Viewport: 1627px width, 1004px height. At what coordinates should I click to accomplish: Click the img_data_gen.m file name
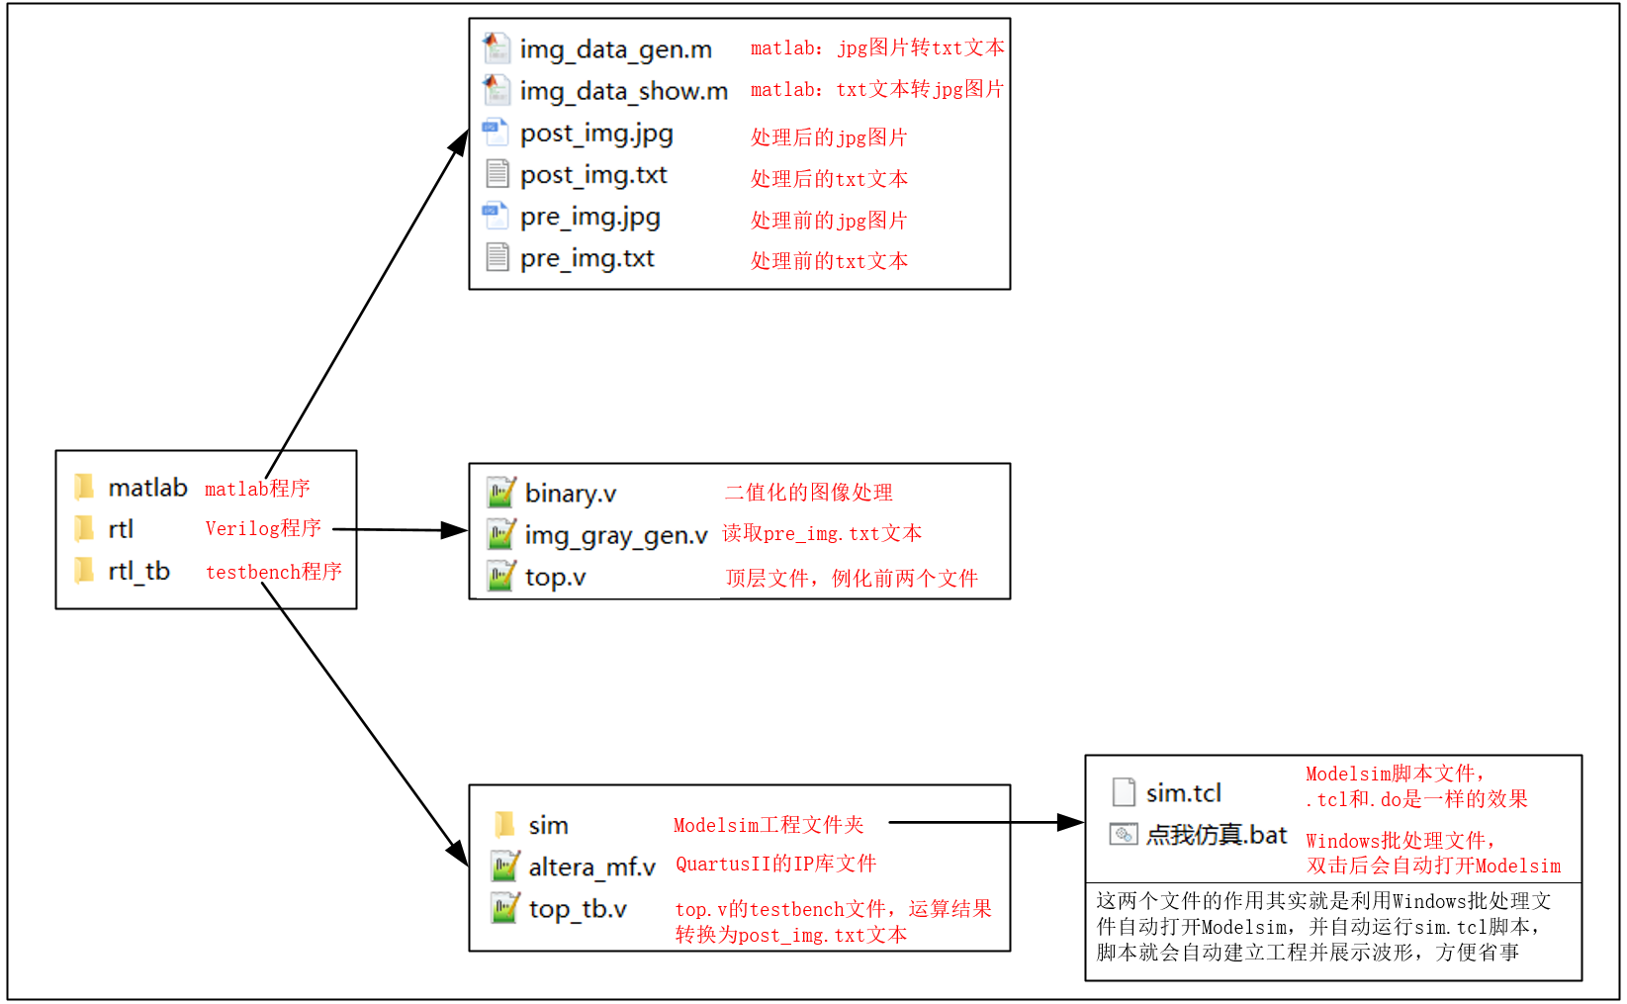pos(615,49)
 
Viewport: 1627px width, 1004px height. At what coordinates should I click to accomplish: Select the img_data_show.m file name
pos(623,91)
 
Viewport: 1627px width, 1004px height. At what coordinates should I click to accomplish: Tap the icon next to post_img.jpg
pos(496,133)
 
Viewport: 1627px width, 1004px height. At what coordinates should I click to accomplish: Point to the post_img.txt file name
pos(593,175)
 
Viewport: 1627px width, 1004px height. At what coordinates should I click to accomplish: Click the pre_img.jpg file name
pos(589,217)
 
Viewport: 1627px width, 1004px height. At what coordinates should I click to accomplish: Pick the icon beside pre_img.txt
pos(497,258)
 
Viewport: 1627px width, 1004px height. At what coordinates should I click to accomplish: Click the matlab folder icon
pos(85,487)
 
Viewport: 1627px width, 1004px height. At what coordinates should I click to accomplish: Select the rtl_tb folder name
pos(139,571)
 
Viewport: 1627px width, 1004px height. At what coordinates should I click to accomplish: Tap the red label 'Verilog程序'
pos(263,528)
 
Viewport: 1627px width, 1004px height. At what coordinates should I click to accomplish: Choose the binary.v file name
pos(570,493)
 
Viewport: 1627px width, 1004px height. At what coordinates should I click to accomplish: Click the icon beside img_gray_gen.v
pos(501,534)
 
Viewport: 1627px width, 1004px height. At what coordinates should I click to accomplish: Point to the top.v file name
pos(555,577)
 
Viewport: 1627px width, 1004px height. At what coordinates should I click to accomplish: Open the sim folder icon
pos(504,824)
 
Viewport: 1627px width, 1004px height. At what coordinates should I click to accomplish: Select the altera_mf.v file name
pos(591,867)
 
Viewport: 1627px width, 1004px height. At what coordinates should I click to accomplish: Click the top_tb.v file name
pos(578,909)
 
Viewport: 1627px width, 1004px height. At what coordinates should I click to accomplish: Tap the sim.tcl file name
pos(1183,793)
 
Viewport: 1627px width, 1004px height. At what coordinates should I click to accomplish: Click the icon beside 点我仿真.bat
pos(1124,835)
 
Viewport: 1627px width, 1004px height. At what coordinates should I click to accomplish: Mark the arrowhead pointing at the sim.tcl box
pos(1071,822)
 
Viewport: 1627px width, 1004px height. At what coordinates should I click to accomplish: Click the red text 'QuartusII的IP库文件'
pos(775,864)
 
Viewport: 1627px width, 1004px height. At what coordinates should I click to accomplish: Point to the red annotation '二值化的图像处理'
pos(808,493)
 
